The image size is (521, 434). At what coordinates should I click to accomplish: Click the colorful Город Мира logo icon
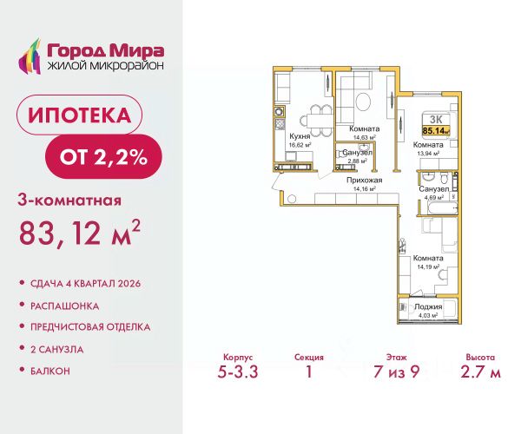[x=30, y=56]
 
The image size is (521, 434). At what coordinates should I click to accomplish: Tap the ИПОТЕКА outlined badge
[x=79, y=115]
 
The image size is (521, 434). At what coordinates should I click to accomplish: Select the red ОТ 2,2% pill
[x=103, y=157]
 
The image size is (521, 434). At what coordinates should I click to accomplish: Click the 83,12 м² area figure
[x=79, y=233]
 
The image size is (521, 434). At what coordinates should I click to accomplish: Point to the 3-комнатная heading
[x=69, y=201]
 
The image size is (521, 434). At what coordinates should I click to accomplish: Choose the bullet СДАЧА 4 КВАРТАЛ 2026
[x=85, y=284]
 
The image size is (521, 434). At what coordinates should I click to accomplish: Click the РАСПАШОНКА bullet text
[x=65, y=306]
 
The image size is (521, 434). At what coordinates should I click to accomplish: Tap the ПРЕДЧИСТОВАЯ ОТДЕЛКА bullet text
[x=90, y=327]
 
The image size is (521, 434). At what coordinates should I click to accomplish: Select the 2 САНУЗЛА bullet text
[x=56, y=349]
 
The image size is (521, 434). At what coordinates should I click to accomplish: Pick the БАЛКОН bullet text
[x=50, y=371]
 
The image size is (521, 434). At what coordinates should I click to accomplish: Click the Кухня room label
[x=300, y=136]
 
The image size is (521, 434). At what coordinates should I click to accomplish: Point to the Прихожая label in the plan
[x=364, y=181]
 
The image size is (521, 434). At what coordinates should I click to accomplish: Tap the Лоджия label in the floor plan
[x=428, y=306]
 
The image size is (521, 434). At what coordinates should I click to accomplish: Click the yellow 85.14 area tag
[x=436, y=130]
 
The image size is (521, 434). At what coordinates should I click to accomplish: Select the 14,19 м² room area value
[x=428, y=266]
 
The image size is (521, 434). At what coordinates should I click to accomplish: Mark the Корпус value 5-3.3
[x=238, y=372]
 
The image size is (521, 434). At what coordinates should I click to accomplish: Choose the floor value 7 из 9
[x=397, y=372]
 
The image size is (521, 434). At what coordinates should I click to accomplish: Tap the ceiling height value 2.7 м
[x=480, y=372]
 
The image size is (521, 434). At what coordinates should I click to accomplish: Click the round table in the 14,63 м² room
[x=363, y=102]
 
